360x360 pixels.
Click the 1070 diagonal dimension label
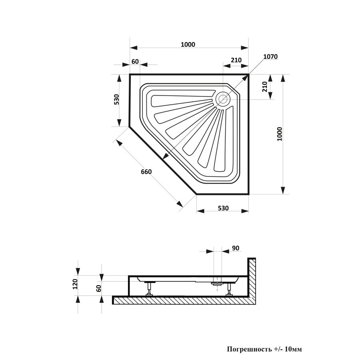270,56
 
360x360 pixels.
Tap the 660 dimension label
146,172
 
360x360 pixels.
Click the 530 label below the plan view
223,208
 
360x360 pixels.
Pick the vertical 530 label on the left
117,100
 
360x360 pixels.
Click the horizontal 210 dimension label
236,60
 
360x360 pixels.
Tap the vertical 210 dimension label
264,86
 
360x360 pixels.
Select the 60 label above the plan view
135,62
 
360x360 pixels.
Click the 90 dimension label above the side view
236,248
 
